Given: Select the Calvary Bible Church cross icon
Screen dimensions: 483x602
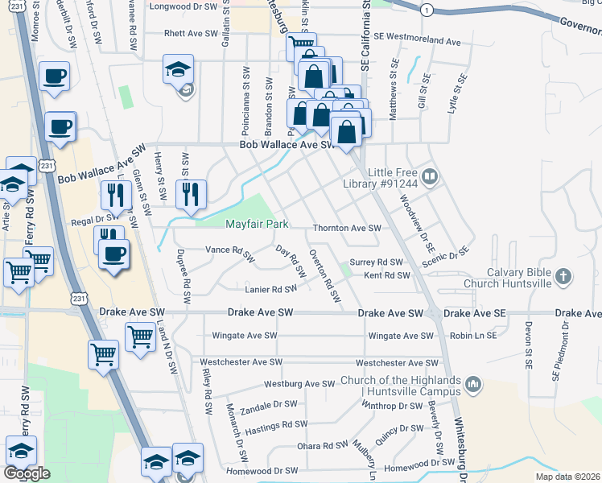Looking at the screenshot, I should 563,276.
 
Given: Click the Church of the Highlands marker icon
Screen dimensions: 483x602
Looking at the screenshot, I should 473,385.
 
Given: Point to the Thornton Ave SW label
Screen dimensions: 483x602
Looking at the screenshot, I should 346,229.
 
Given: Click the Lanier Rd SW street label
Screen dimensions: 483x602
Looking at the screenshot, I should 271,289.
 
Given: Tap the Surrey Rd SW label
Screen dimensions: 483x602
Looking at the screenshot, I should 375,262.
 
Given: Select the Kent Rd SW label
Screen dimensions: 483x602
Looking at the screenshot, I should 387,275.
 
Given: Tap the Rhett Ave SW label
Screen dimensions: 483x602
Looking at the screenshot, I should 191,35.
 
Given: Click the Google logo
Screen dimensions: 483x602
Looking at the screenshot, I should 27,473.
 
